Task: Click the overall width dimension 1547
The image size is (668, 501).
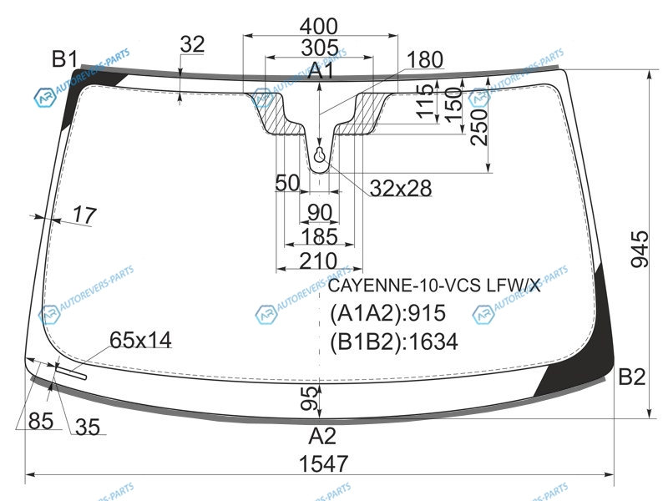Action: pos(323,463)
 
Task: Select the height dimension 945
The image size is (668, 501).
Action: pos(640,249)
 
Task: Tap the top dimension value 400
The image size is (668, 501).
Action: pos(319,27)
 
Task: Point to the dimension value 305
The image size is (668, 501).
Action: pos(320,48)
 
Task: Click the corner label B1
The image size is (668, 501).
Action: pos(65,58)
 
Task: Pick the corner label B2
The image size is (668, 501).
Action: pos(632,377)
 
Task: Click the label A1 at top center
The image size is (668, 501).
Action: pos(321,70)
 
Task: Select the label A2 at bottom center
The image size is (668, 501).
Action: pos(322,436)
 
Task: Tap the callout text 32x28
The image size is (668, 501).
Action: pos(401,188)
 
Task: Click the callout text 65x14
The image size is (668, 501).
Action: pos(140,340)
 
